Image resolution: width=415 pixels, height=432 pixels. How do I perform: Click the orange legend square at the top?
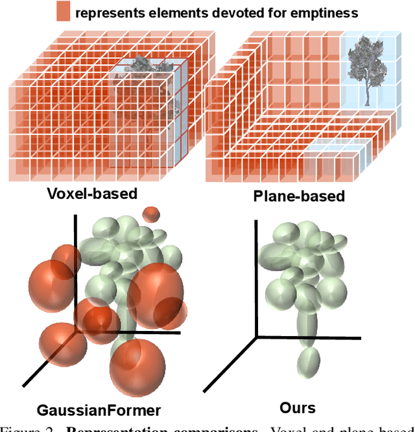(64, 12)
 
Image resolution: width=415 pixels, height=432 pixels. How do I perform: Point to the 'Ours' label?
(298, 407)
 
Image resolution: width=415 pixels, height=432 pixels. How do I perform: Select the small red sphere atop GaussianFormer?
(151, 214)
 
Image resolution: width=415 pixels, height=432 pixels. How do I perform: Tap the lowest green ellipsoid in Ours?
(310, 363)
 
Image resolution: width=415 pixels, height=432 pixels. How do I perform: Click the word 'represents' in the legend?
(103, 12)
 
